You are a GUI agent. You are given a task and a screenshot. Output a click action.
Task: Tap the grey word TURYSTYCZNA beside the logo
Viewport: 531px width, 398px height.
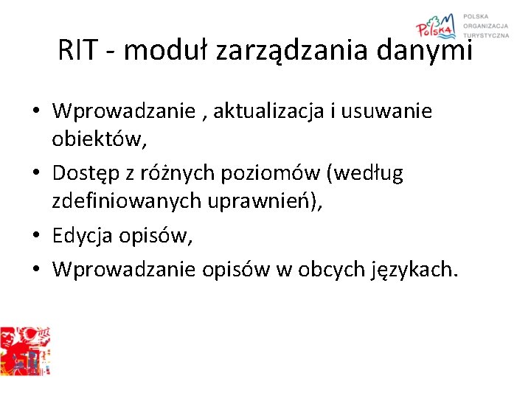pyautogui.click(x=486, y=35)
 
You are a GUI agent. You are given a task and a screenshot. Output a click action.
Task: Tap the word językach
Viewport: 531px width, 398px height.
pyautogui.click(x=417, y=270)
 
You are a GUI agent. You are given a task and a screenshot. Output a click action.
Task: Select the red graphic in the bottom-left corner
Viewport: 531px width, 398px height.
pyautogui.click(x=25, y=351)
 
